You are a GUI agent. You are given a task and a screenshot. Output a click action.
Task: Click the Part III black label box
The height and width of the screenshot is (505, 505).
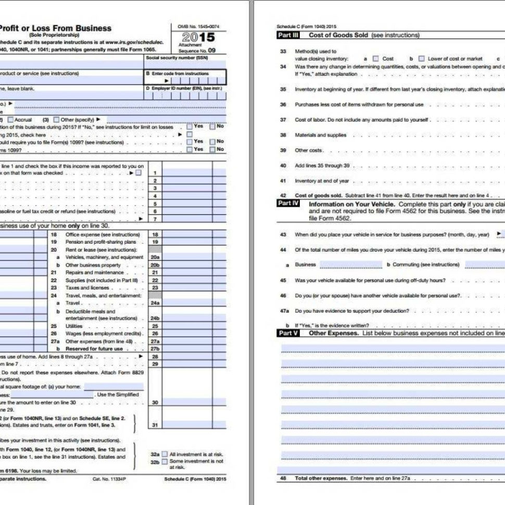pos(287,35)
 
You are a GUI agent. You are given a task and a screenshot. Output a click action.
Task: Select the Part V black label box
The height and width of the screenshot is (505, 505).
pos(287,333)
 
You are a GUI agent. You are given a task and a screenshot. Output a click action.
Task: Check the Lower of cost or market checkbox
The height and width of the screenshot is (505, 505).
pos(422,59)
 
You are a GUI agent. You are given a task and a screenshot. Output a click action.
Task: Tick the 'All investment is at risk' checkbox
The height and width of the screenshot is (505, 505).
pos(165,455)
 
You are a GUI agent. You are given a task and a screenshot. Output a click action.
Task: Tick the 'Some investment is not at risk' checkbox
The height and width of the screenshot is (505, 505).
pos(165,462)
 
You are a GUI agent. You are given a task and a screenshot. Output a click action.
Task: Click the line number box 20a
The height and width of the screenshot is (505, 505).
pos(155,257)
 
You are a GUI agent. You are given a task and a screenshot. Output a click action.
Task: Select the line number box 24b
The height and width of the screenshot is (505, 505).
pos(155,318)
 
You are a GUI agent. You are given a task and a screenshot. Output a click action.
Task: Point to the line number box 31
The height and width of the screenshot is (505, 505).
pos(155,425)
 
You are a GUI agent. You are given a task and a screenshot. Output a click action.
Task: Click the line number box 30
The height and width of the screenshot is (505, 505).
pos(155,402)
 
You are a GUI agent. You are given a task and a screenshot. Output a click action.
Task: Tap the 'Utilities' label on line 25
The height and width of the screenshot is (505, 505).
pos(74,326)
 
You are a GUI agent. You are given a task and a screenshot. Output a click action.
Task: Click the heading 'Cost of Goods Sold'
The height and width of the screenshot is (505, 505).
pos(339,35)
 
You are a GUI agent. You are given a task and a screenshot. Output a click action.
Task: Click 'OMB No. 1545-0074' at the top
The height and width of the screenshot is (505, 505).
pos(198,26)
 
